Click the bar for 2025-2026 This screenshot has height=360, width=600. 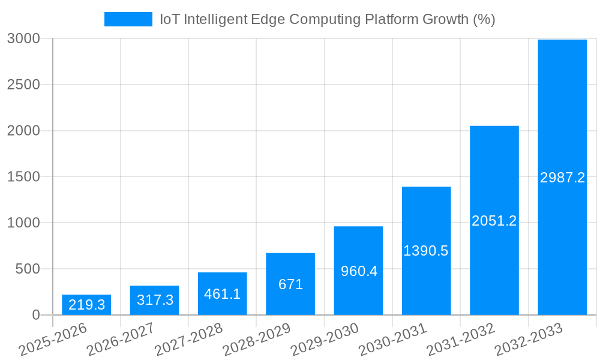tap(86, 305)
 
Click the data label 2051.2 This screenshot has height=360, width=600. tap(494, 221)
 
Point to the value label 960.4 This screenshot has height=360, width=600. tap(359, 271)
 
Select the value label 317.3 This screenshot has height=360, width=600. tap(155, 300)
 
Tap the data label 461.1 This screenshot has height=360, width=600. tap(223, 294)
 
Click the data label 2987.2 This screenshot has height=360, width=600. tap(562, 178)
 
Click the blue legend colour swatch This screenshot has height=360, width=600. tap(128, 19)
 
